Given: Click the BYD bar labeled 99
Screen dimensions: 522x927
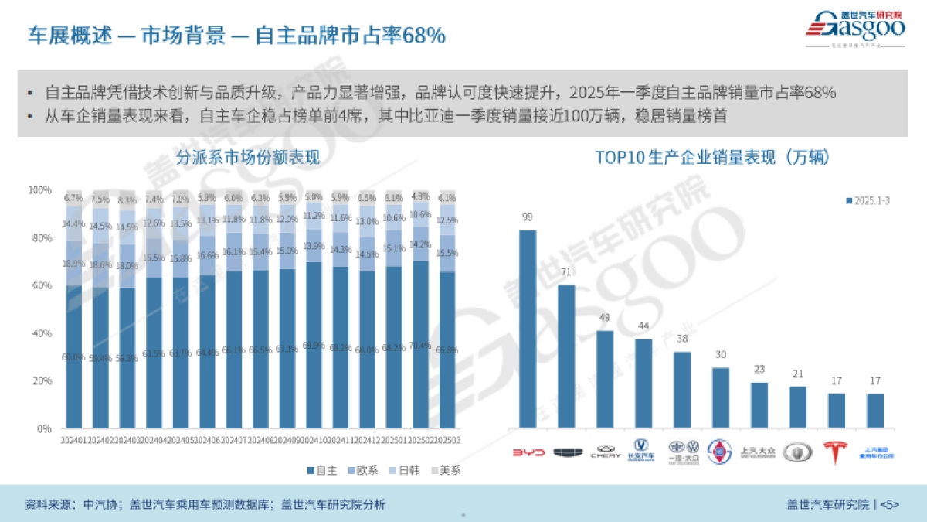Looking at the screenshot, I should point(528,329).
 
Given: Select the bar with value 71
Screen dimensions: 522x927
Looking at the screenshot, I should point(566,357).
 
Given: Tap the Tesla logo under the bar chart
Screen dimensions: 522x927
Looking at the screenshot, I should point(836,452).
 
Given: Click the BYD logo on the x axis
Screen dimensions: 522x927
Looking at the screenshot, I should point(529,452).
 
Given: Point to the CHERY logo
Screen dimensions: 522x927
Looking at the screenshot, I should point(606,452).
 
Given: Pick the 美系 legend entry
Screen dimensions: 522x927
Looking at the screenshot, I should point(444,470).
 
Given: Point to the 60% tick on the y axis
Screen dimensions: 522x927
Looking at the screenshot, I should point(40,286).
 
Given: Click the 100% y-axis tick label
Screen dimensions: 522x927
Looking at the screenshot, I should point(39,190).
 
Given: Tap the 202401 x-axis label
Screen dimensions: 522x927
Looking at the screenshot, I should point(74,440).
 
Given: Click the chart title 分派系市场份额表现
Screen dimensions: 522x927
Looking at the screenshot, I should point(247,158).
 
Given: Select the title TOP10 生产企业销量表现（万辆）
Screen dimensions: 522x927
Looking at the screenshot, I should point(711,158).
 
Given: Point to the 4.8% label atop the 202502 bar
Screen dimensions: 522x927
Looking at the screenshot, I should point(420,196).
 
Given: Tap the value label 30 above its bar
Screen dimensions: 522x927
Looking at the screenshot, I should point(720,355).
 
